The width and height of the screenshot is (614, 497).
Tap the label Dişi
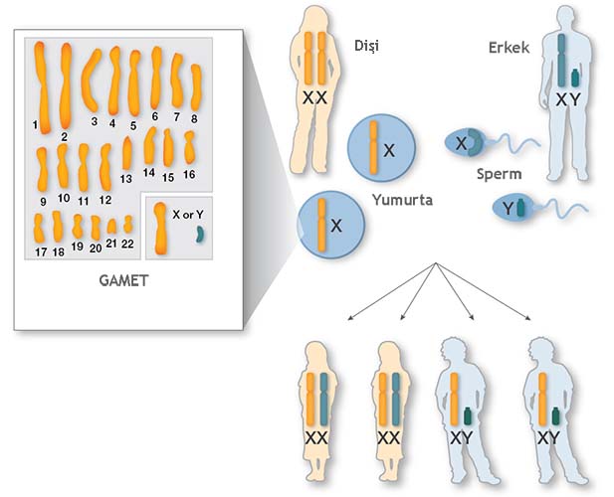click(x=369, y=46)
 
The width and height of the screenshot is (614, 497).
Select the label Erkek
click(x=509, y=48)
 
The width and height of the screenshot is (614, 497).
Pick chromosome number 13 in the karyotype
click(x=127, y=154)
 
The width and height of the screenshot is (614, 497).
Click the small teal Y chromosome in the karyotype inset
click(x=199, y=235)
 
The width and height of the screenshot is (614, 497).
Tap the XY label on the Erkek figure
click(x=566, y=99)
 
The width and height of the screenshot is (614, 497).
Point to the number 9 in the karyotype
click(x=44, y=202)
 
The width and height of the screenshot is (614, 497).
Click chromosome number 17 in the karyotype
click(x=40, y=228)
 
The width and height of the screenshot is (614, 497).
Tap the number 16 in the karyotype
click(x=188, y=175)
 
